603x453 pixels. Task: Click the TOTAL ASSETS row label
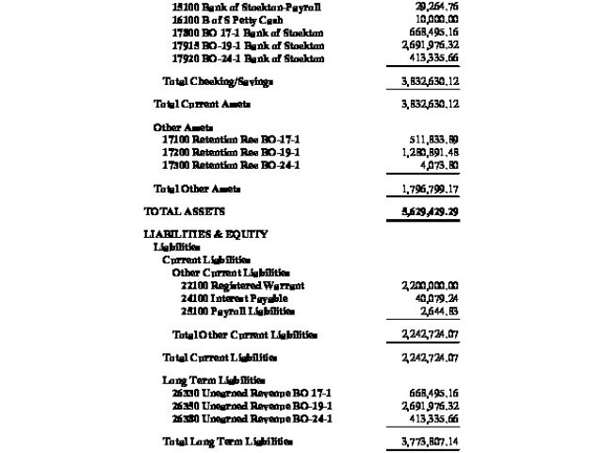[184, 210]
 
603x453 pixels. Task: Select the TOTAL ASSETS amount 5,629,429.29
[423, 210]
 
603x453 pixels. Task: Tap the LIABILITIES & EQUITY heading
[205, 234]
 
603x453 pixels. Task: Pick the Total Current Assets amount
[423, 103]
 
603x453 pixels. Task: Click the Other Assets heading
[183, 126]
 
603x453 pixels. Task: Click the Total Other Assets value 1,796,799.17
[423, 189]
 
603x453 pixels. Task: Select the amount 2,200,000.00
[423, 285]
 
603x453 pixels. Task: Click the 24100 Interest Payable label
[233, 298]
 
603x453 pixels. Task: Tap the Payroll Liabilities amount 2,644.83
[438, 311]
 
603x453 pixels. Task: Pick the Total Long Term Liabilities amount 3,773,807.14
[423, 442]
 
